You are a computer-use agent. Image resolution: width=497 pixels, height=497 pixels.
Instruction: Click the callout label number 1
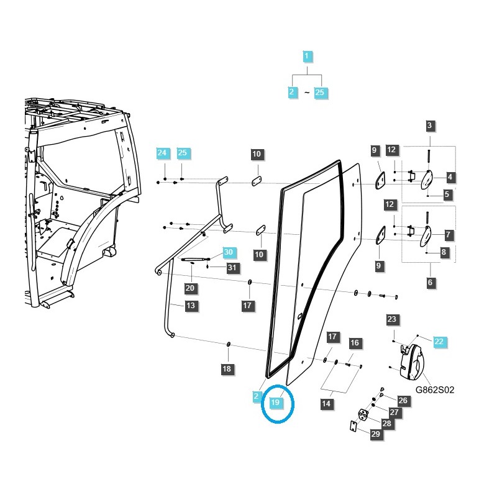coord(306,57)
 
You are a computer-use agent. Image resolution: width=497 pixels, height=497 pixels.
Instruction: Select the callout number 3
coord(430,126)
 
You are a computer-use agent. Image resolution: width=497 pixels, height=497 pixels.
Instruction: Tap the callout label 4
coord(450,177)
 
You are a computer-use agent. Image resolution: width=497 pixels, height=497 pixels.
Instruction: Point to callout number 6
coord(431,282)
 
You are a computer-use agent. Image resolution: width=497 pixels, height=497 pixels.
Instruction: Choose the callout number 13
coord(191,305)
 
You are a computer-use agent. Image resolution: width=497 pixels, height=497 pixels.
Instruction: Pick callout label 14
coord(326,404)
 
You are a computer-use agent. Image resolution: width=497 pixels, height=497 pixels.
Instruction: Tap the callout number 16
coord(354,343)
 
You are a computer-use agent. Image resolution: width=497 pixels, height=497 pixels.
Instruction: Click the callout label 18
coord(227,369)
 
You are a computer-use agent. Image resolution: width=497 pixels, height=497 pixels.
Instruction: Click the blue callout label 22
coord(439,342)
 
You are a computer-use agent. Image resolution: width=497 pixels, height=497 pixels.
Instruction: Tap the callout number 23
coord(391,320)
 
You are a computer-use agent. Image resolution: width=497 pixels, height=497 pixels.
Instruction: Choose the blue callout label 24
coord(162,153)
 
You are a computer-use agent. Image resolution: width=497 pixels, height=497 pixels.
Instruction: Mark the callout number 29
coord(375,434)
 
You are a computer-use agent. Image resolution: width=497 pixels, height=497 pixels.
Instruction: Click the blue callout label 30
coord(229,252)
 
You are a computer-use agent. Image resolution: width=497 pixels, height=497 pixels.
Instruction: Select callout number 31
coord(232,268)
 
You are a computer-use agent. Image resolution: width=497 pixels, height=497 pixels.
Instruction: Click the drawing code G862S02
coord(434,390)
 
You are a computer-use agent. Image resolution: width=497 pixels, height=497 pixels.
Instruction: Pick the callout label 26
coord(403,401)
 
